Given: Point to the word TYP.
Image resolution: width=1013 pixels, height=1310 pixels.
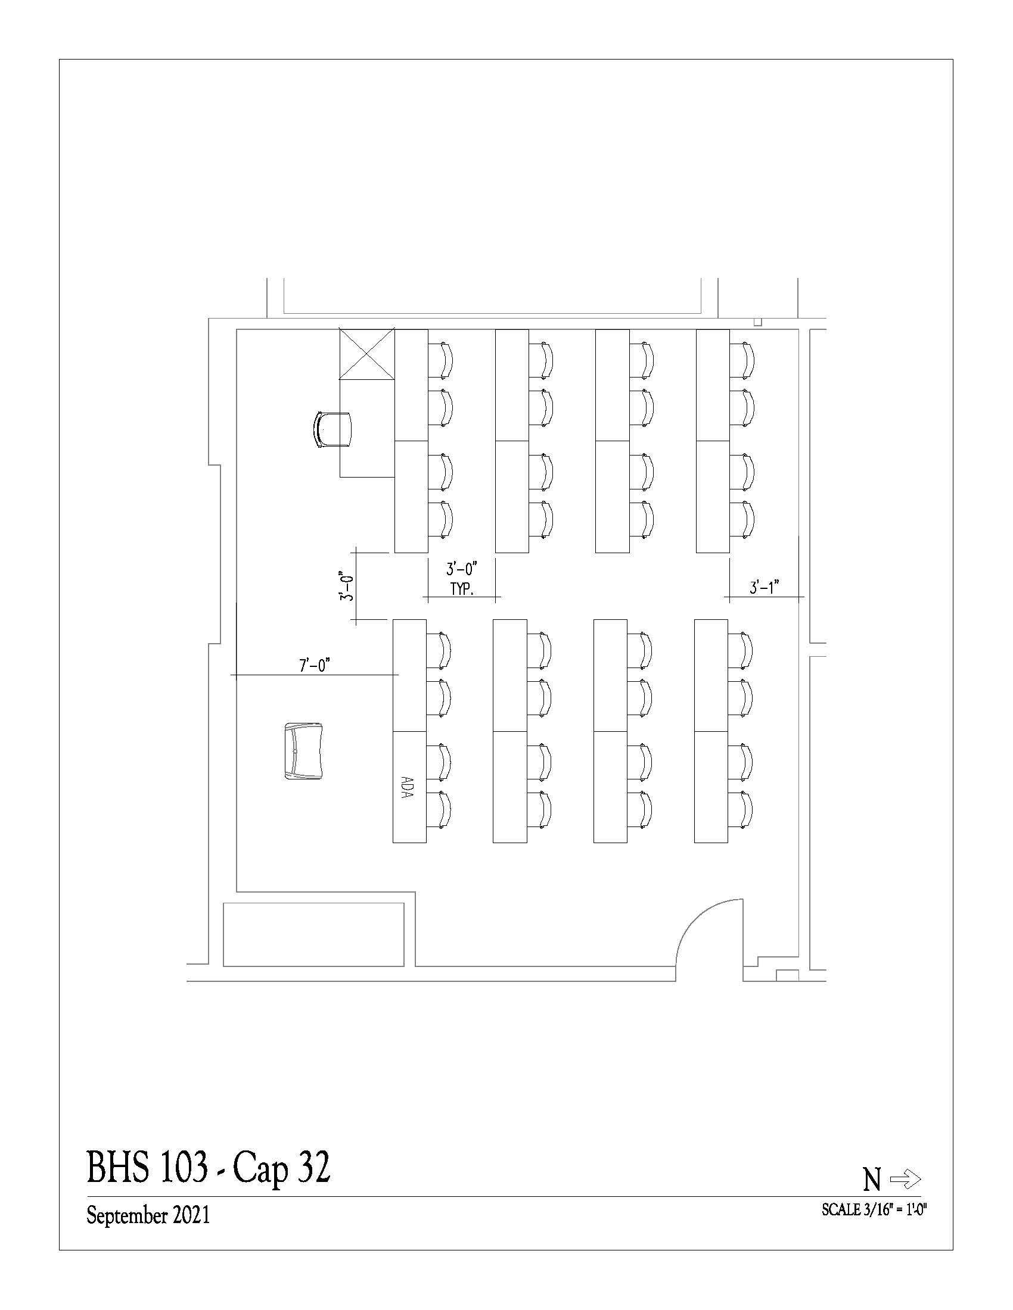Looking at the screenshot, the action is [x=462, y=589].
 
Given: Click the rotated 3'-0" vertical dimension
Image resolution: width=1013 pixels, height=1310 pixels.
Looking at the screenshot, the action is [x=346, y=585].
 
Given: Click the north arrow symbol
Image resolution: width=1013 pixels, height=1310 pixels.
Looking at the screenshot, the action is [x=905, y=1180].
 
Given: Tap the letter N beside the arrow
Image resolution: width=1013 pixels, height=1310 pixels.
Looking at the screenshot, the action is [x=872, y=1180].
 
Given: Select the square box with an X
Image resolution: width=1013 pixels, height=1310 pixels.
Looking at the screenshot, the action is [x=367, y=354].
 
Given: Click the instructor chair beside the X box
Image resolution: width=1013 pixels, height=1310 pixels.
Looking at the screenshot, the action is [x=333, y=429].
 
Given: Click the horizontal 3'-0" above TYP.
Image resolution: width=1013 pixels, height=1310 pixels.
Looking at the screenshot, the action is [x=461, y=569].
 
